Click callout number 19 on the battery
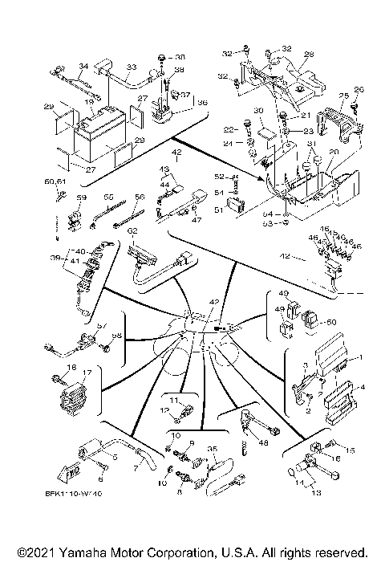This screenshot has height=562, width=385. coord(91,104)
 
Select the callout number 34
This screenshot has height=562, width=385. coord(83,67)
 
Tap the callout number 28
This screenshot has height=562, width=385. coord(309,55)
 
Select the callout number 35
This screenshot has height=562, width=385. coord(212,450)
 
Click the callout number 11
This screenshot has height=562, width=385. coord(173,399)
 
